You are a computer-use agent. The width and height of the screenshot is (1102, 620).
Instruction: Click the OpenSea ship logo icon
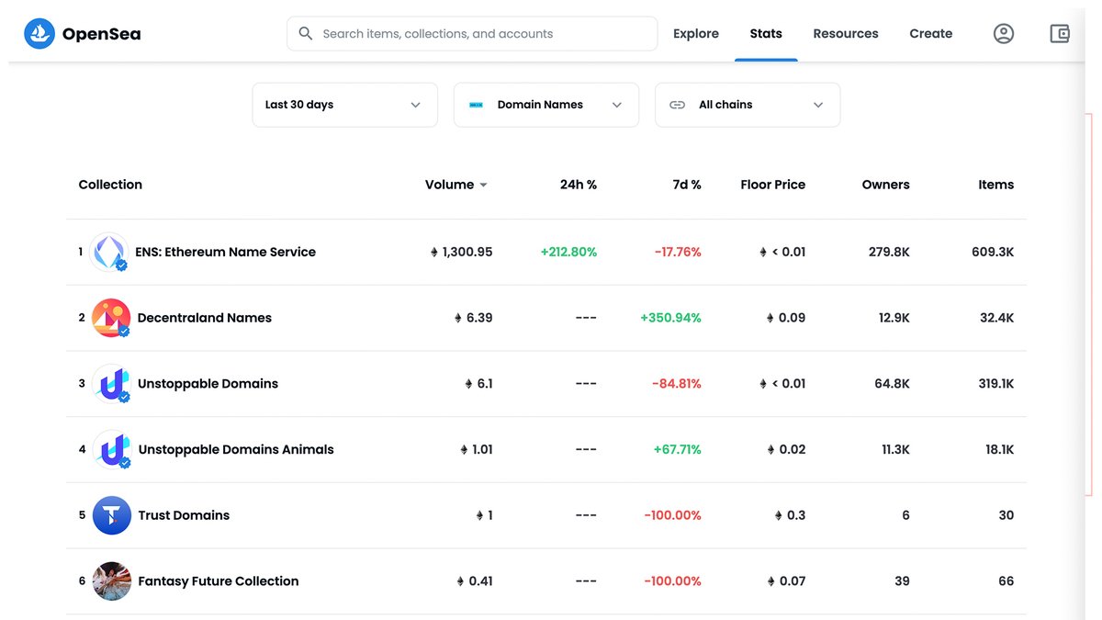point(39,34)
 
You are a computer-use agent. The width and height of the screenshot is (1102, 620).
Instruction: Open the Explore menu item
point(695,34)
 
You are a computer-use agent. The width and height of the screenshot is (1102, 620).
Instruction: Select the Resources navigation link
point(845,34)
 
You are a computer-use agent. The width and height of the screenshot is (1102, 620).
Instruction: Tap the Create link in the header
point(930,34)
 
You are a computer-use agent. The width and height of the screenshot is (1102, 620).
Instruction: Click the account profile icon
point(1004,34)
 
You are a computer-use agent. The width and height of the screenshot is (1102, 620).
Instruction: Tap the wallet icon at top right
point(1060,34)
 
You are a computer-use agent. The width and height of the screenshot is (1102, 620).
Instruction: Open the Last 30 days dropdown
point(344,105)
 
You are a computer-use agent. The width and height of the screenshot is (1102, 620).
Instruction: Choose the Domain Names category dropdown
point(545,105)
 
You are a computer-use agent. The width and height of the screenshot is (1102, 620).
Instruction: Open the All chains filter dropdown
point(747,105)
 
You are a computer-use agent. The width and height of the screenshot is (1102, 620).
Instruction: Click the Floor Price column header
point(772,185)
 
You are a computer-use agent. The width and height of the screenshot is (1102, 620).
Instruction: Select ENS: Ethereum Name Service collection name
point(225,252)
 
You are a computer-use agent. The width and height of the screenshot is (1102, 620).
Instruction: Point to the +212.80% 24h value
point(568,252)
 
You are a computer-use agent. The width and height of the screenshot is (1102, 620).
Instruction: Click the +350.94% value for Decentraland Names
point(670,318)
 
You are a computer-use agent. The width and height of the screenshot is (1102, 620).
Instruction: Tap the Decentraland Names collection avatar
point(111,318)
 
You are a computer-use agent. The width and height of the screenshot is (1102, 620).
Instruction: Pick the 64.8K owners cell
point(892,384)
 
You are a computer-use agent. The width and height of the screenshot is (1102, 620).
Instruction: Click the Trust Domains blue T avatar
point(111,515)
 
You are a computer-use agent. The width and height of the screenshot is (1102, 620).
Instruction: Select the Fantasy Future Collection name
point(218,581)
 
